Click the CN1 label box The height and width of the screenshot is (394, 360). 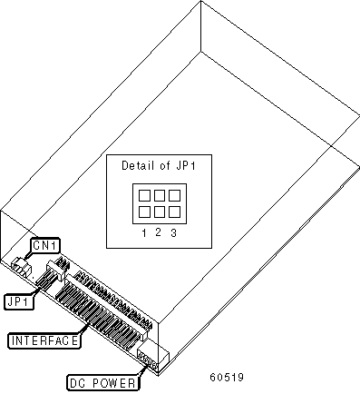(44, 246)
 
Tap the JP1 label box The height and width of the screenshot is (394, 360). (19, 301)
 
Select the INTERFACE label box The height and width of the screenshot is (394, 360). (44, 340)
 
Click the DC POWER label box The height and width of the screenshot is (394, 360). (102, 383)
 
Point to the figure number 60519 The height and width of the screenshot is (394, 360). (227, 378)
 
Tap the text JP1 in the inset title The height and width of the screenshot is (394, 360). (185, 165)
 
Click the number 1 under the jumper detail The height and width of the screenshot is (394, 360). (144, 233)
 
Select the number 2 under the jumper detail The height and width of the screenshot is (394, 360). (158, 232)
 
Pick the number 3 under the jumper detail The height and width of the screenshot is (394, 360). (173, 233)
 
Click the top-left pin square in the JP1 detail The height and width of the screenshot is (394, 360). (144, 195)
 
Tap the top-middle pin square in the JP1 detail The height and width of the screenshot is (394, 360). (160, 195)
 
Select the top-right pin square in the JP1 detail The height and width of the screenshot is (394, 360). (174, 195)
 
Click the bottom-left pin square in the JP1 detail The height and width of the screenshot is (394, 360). (144, 212)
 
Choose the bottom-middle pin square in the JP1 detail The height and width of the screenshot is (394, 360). (160, 212)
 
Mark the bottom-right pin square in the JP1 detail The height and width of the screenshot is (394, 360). (174, 212)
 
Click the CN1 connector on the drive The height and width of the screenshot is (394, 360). (22, 266)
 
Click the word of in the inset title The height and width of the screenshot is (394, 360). (165, 165)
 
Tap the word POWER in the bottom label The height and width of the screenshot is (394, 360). (114, 383)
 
